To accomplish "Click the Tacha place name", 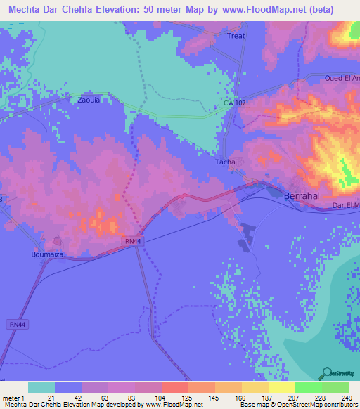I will (x=225, y=162).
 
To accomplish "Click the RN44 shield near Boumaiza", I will (x=131, y=241).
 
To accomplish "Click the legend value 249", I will (x=342, y=398).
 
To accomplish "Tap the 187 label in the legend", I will (x=255, y=398).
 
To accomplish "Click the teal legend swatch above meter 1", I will (x=41, y=387).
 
